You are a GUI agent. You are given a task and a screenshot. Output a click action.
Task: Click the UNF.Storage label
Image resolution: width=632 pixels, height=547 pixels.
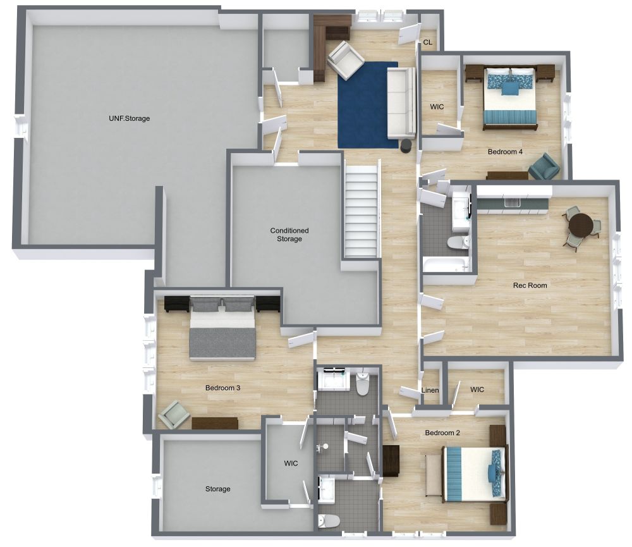pyautogui.click(x=130, y=118)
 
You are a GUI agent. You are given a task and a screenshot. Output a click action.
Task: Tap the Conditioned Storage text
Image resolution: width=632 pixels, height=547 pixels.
pyautogui.click(x=289, y=235)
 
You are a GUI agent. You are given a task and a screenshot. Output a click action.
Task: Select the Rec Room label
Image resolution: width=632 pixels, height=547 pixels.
pyautogui.click(x=530, y=285)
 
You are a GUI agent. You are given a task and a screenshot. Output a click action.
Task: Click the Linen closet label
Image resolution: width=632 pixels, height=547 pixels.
pyautogui.click(x=430, y=390)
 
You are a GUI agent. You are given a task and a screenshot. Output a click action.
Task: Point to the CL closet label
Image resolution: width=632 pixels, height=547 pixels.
pyautogui.click(x=428, y=42)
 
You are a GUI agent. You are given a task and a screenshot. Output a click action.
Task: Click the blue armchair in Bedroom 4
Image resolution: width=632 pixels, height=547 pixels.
pyautogui.click(x=544, y=166)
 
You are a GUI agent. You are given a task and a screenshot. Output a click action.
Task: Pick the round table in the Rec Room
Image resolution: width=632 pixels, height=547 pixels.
pyautogui.click(x=581, y=224)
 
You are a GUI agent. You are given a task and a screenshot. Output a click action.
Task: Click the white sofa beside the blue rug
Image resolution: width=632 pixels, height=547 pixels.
pyautogui.click(x=401, y=103)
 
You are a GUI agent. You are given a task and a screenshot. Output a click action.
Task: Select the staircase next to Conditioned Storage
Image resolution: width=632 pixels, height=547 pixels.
pyautogui.click(x=362, y=209)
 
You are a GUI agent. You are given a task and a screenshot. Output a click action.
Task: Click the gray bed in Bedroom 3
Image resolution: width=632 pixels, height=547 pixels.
pyautogui.click(x=222, y=327)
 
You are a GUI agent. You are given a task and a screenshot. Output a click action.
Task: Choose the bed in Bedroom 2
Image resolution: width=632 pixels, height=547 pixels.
pyautogui.click(x=475, y=474)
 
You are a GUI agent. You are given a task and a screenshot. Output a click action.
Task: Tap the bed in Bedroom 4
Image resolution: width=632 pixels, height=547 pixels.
pyautogui.click(x=511, y=98)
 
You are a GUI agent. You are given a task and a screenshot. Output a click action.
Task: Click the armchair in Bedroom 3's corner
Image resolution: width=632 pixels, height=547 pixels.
pyautogui.click(x=174, y=414)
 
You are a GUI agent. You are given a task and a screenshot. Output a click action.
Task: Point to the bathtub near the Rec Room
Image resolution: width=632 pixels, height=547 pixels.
pyautogui.click(x=446, y=266)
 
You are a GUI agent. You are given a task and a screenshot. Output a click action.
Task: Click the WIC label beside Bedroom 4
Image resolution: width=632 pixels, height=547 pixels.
pyautogui.click(x=437, y=107)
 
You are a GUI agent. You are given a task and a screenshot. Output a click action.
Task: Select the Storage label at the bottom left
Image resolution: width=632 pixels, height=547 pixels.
pyautogui.click(x=217, y=489)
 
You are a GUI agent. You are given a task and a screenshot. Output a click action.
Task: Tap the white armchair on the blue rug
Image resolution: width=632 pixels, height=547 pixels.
pyautogui.click(x=346, y=59)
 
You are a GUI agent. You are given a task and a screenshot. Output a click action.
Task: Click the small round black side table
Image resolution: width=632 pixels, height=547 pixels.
pyautogui.click(x=406, y=145)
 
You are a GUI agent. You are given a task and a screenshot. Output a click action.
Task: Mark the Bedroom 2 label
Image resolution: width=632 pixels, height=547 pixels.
pyautogui.click(x=442, y=433)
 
